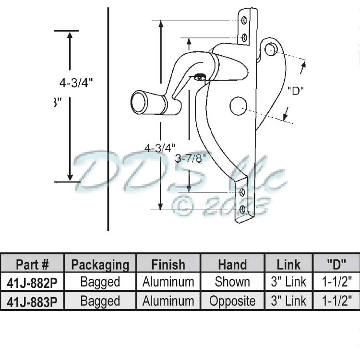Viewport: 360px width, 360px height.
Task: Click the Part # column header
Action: (x=32, y=264)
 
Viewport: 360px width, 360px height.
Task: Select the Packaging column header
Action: (x=100, y=264)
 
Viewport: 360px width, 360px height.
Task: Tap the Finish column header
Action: (x=168, y=264)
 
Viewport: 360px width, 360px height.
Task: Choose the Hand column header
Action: (x=232, y=264)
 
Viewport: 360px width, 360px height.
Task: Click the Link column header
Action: (x=288, y=264)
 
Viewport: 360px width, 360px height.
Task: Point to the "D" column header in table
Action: (x=336, y=264)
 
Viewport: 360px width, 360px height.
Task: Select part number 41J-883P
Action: (x=32, y=301)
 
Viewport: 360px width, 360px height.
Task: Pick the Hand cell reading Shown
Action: (x=232, y=282)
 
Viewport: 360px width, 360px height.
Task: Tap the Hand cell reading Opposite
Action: (x=232, y=301)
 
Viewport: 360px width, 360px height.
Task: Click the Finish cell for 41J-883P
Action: (x=168, y=301)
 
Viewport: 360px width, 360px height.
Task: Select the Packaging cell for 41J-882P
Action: (x=100, y=282)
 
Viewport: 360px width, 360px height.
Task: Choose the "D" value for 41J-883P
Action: (x=336, y=301)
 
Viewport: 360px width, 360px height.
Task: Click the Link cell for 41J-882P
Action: (x=288, y=282)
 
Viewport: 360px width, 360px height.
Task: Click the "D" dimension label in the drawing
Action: (x=296, y=90)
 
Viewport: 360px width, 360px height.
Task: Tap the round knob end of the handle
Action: (x=139, y=103)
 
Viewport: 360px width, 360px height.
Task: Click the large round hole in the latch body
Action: (x=238, y=106)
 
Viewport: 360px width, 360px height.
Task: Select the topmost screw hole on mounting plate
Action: (x=244, y=20)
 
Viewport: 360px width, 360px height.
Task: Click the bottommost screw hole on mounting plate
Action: (x=242, y=209)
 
